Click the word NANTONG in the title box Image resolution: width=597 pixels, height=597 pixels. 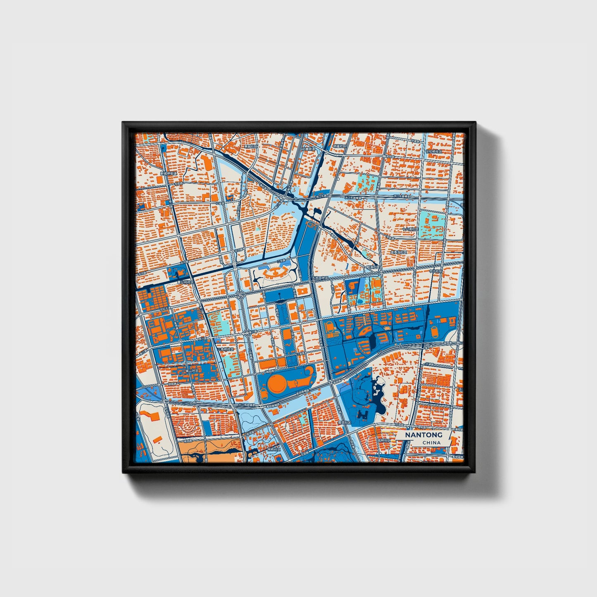(423, 435)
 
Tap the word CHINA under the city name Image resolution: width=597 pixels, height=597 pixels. (431, 442)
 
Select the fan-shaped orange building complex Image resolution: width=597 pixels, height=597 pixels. (275, 273)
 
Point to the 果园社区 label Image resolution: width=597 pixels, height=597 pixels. (250, 146)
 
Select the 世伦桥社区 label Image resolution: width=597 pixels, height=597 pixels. (434, 152)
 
